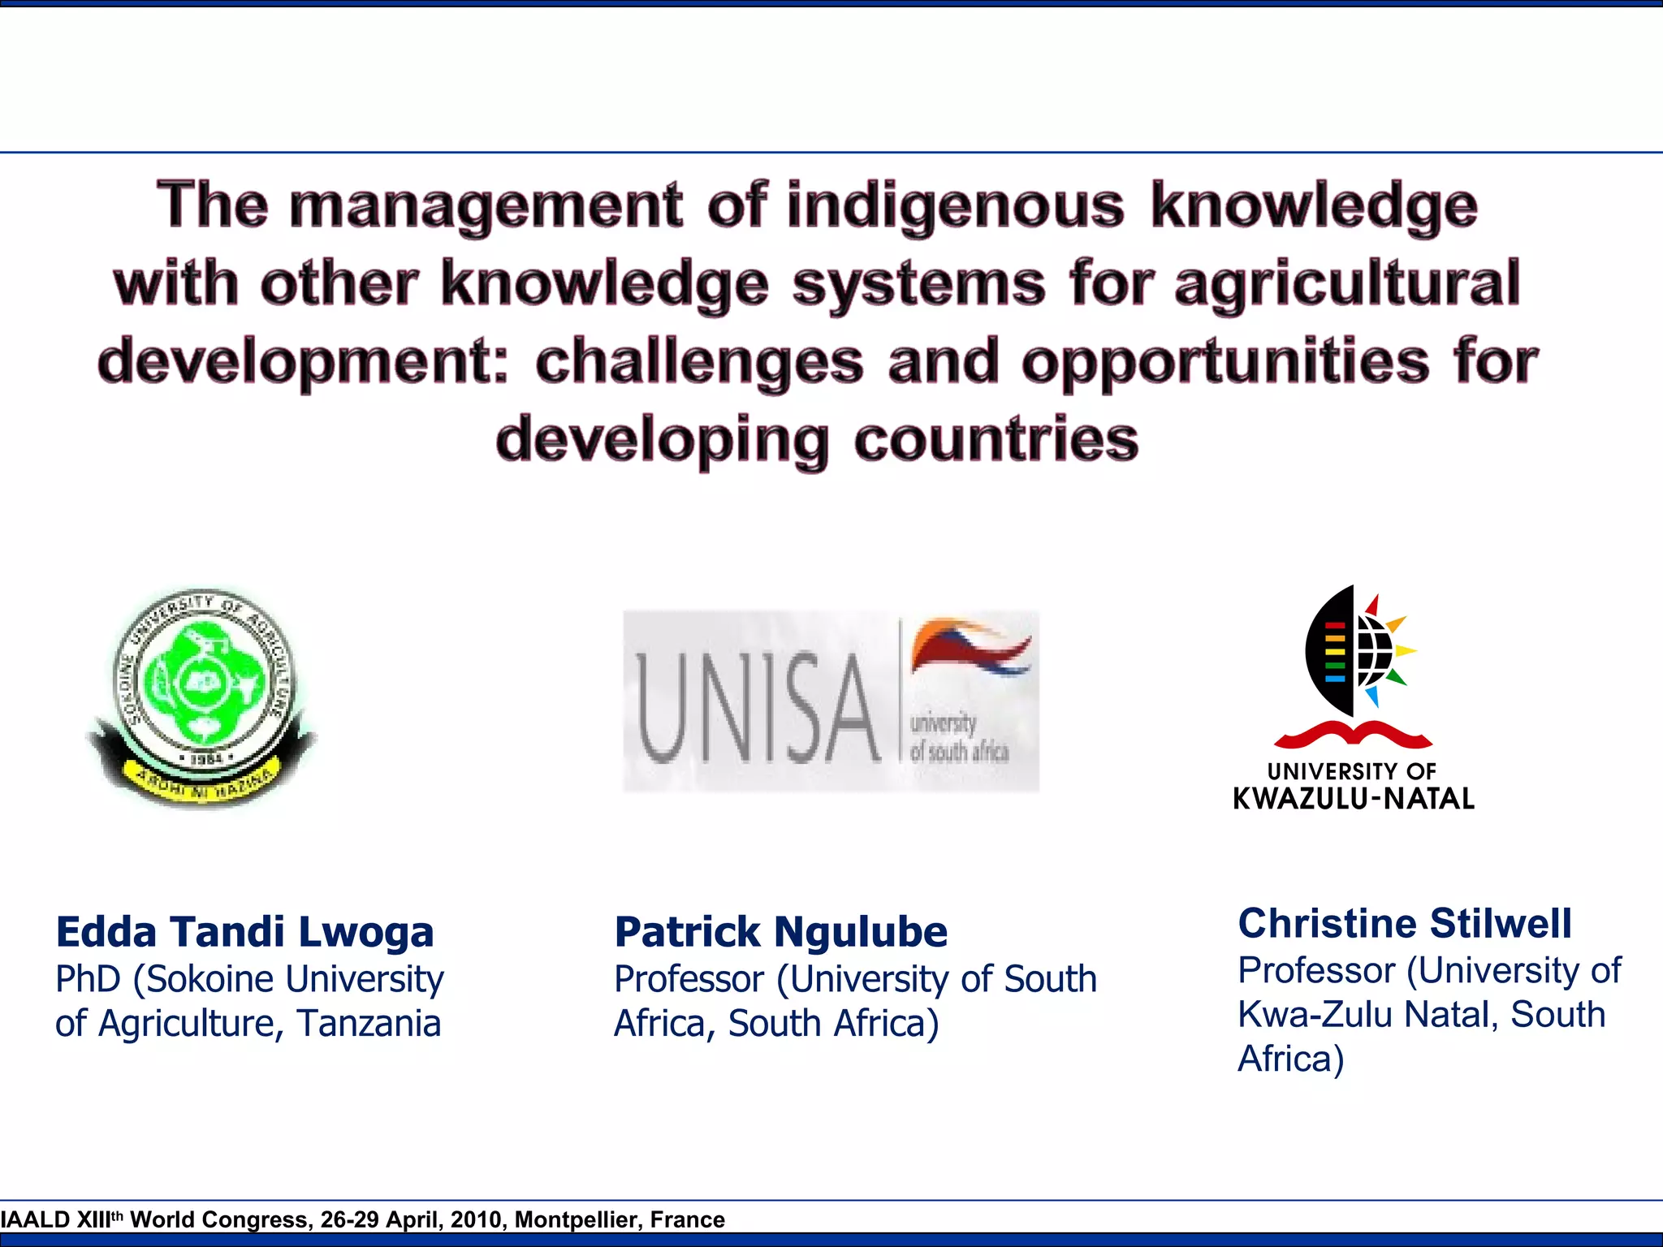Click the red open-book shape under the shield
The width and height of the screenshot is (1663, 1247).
1353,735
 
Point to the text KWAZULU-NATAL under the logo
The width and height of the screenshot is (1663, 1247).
1354,799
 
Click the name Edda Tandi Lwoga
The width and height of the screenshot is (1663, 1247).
244,932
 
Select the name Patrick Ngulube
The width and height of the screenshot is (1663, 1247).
780,932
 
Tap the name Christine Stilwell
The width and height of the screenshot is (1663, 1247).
1405,924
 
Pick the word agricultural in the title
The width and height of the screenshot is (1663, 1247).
1347,283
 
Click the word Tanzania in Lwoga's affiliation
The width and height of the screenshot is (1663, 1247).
369,1023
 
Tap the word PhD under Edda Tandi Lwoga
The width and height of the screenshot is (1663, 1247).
89,979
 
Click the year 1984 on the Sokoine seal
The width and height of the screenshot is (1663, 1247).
206,759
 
